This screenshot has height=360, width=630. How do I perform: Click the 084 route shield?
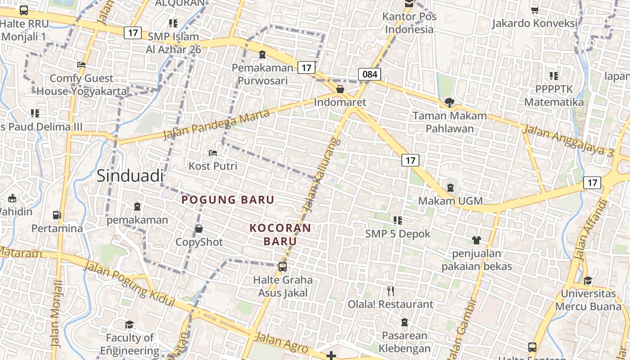[369, 74]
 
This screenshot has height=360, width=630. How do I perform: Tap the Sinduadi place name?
[130, 176]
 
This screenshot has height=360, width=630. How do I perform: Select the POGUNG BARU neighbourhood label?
[228, 200]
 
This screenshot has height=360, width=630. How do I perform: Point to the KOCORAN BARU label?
[280, 234]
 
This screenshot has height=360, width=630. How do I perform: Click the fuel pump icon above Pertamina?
[57, 215]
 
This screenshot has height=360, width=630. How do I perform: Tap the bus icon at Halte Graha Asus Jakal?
[283, 267]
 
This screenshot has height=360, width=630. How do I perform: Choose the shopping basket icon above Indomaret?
[340, 89]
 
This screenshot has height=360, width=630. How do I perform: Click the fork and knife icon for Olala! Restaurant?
[391, 291]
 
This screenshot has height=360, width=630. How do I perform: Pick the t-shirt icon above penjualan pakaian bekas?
[477, 240]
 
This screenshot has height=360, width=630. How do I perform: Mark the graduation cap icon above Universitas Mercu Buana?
[588, 280]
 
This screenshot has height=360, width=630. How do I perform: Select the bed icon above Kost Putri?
[213, 153]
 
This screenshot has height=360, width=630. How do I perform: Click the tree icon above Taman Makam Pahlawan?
[449, 102]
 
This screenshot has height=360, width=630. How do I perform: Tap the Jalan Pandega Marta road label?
[216, 124]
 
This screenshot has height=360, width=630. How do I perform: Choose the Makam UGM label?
[450, 201]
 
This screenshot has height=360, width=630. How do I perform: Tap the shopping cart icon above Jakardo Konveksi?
[535, 10]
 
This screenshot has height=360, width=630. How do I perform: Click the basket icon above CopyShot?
[199, 229]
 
